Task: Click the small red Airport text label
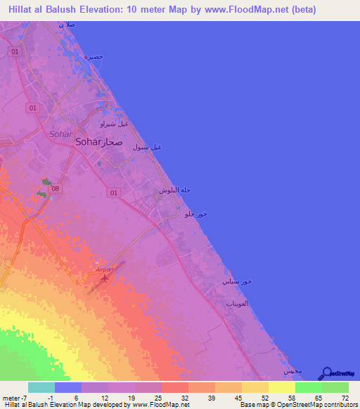click(x=103, y=269)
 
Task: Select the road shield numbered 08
click(x=56, y=188)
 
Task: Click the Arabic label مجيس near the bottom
click(x=292, y=370)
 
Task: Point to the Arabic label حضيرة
click(x=94, y=56)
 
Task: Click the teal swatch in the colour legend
click(x=41, y=387)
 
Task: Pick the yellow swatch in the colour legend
click(x=281, y=387)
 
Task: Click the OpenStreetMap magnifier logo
click(x=326, y=373)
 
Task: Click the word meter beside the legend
click(x=11, y=397)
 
